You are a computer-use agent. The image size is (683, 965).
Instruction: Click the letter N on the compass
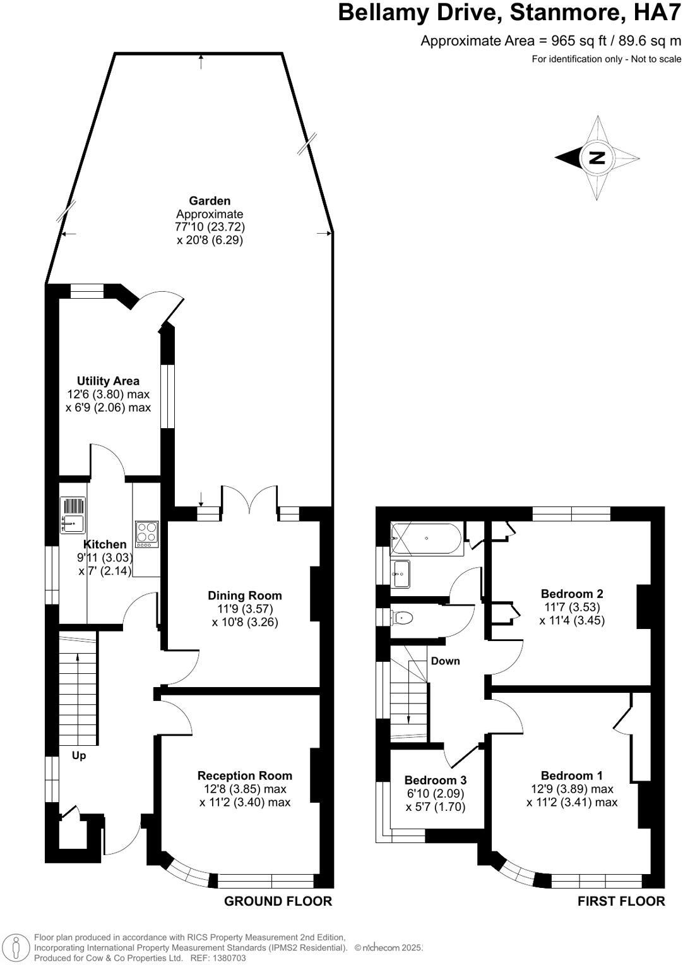click(x=597, y=158)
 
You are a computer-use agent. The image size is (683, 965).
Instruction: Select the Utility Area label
click(x=108, y=381)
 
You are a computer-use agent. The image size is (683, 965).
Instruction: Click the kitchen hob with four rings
click(x=146, y=534)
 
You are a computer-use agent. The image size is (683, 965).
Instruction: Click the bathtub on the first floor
click(x=427, y=539)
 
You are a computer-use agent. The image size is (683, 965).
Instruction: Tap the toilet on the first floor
click(x=401, y=618)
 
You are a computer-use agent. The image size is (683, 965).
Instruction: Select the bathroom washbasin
click(x=400, y=573)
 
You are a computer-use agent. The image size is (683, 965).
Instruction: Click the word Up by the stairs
click(x=79, y=755)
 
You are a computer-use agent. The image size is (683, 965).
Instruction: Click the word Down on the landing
click(x=445, y=661)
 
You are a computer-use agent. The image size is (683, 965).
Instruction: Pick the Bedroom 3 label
click(x=436, y=780)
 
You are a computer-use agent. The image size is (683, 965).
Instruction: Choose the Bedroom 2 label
click(x=572, y=594)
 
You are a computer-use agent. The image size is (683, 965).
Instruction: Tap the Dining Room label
click(x=245, y=596)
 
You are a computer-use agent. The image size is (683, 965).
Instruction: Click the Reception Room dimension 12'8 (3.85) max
click(x=245, y=789)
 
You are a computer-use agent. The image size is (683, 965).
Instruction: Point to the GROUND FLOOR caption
click(x=278, y=901)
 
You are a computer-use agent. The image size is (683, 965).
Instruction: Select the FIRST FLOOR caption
click(x=621, y=901)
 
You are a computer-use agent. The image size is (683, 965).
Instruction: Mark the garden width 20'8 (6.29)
click(x=210, y=240)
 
